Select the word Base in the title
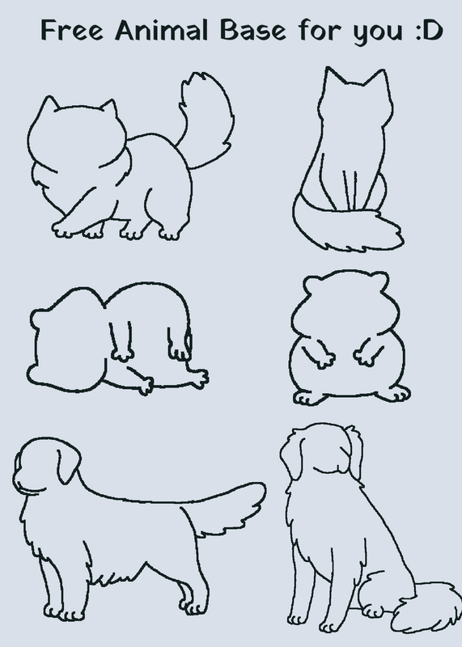252,30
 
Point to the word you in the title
377,32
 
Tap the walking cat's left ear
49,104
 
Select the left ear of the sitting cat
333,77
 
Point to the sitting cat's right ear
377,78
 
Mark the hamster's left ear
312,284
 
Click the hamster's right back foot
393,393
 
